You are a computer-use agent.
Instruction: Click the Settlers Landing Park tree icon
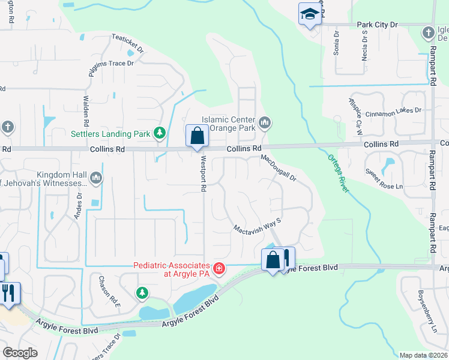[x=160, y=133]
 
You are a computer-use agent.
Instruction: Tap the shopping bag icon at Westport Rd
[x=197, y=136]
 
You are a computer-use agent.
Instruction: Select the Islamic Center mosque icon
[x=265, y=124]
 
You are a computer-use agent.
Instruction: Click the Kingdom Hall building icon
[x=95, y=178]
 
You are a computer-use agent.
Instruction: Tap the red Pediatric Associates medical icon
[x=219, y=268]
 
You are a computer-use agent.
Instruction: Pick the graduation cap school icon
[x=310, y=14]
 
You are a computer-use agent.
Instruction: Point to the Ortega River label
[x=338, y=173]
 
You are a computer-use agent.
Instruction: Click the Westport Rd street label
[x=203, y=175]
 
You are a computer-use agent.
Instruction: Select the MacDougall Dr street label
[x=279, y=168]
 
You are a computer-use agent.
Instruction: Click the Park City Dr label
[x=378, y=25]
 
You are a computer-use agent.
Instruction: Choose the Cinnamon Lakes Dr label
[x=394, y=110]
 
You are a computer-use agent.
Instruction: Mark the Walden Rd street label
[x=86, y=106]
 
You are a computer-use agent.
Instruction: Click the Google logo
[x=20, y=353]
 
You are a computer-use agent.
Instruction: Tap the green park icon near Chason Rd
[x=142, y=293]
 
